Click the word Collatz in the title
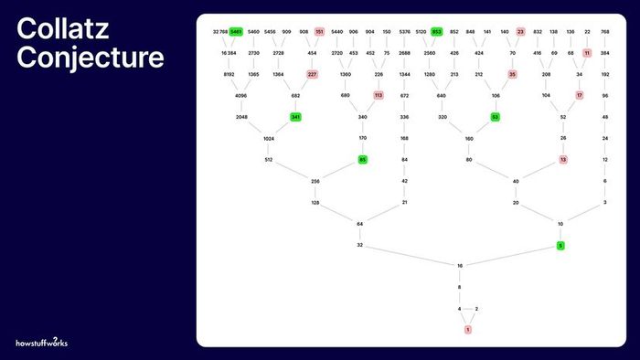[62, 29]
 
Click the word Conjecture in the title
[91, 58]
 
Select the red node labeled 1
[468, 328]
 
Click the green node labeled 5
[560, 245]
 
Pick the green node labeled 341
[295, 117]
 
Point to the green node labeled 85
[362, 160]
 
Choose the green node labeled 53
[495, 117]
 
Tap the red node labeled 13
[563, 160]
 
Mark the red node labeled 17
[580, 95]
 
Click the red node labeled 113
[379, 95]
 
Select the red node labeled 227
[312, 74]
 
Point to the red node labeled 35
[512, 74]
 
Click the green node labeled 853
[437, 32]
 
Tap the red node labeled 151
[319, 32]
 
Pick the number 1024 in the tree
[269, 138]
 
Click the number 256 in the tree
[315, 181]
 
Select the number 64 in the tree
[359, 224]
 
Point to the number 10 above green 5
[560, 224]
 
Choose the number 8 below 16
[460, 288]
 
